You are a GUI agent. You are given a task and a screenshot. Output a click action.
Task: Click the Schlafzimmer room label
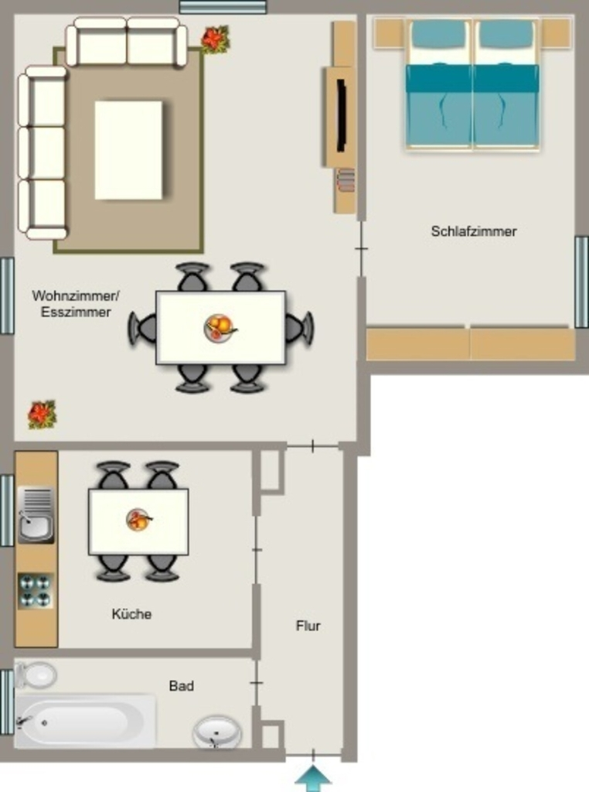pos(473,231)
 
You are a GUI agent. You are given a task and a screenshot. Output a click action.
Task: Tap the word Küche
pos(131,613)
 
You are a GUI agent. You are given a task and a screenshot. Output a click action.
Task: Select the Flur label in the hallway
pos(308,626)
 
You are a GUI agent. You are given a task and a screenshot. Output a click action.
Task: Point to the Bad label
pos(181,685)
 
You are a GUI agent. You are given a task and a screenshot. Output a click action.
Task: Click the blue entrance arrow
pos(313,778)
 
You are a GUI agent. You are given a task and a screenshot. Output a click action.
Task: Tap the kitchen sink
pos(36,515)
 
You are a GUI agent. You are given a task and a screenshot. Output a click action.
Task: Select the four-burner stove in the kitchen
pos(36,591)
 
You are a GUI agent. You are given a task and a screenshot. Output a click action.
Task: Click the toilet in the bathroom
pos(36,674)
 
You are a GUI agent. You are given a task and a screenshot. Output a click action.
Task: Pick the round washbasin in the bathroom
pos(217,732)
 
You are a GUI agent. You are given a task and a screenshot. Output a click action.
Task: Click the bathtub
pos(85,722)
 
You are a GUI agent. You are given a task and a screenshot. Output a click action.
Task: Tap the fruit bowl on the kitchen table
pos(138,521)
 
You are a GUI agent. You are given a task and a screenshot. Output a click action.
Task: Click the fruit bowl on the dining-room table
pos(220,328)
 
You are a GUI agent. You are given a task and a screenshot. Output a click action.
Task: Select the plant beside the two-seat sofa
pos(216,39)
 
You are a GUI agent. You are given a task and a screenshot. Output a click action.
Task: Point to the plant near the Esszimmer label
pos(42,415)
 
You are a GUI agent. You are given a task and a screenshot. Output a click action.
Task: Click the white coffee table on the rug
pos(129,150)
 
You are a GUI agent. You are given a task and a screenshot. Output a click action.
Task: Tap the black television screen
pos(341,114)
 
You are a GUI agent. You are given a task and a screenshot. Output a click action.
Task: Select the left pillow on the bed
pos(438,36)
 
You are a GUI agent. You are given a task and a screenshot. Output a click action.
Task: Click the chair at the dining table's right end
pos(300,328)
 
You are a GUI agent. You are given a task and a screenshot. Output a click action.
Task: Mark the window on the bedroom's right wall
pos(581,282)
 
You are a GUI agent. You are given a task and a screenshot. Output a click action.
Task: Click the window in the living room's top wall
pos(223,6)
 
